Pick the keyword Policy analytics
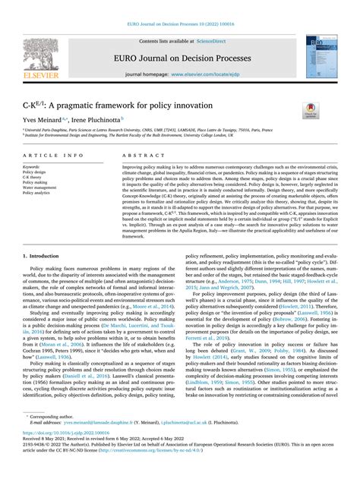click(x=39, y=194)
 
